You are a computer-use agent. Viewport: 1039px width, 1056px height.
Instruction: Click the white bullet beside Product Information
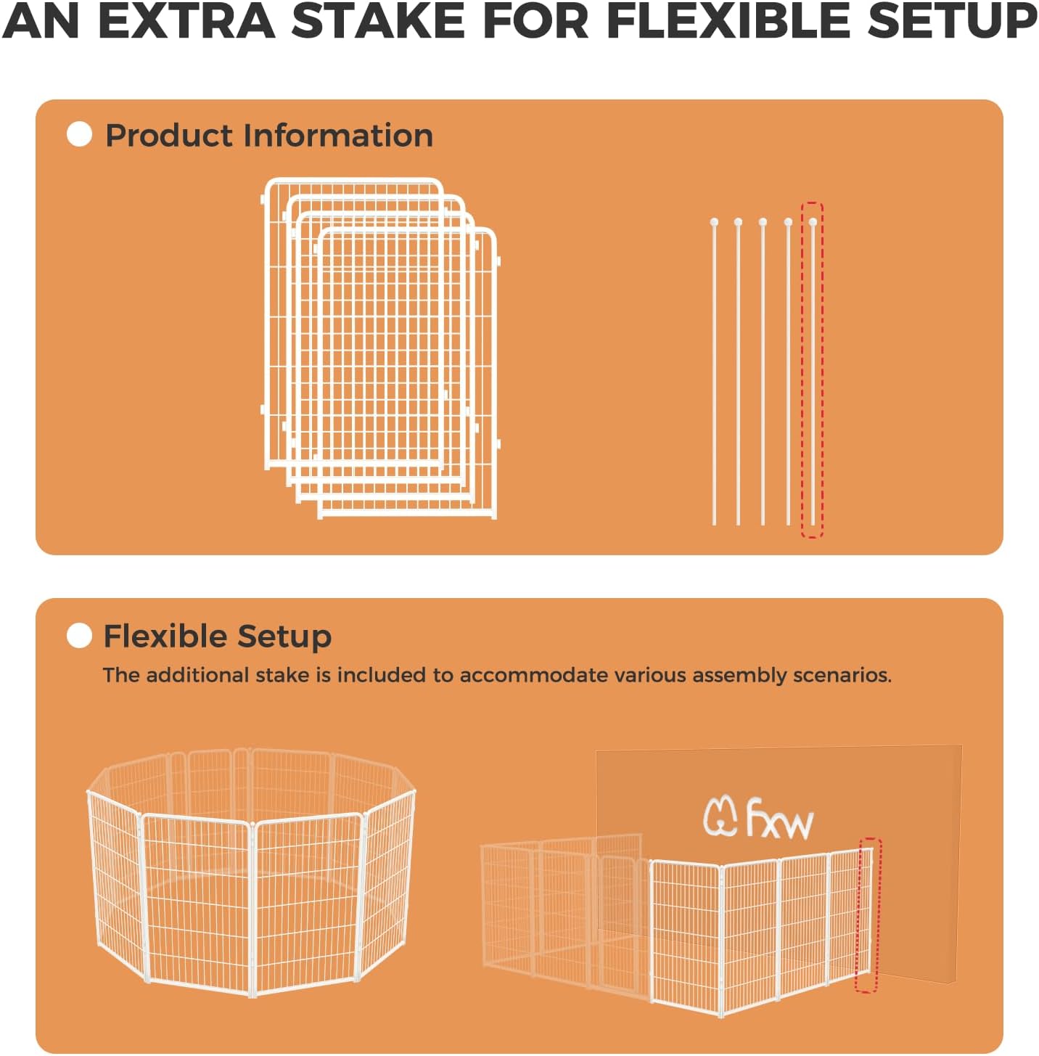point(79,134)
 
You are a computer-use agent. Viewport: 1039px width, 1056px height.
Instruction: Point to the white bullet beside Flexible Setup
point(79,636)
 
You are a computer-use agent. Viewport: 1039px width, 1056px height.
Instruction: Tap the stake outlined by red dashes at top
point(812,370)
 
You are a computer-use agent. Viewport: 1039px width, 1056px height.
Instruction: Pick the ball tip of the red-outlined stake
point(813,222)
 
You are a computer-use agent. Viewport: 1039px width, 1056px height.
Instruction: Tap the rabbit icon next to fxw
point(720,816)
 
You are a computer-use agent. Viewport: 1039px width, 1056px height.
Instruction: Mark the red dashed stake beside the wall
point(866,914)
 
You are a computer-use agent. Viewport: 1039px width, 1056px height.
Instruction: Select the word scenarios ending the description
point(842,675)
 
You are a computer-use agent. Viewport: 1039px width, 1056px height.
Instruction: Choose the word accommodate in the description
point(534,675)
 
